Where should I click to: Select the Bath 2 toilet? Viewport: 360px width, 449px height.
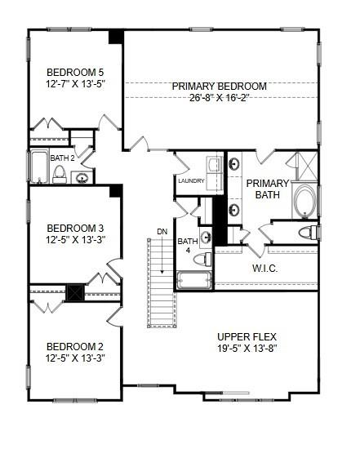pyautogui.click(x=60, y=173)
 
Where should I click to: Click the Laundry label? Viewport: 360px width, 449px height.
pyautogui.click(x=189, y=181)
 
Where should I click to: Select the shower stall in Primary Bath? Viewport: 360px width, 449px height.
pyautogui.click(x=306, y=167)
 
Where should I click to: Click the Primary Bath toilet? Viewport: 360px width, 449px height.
pyautogui.click(x=308, y=233)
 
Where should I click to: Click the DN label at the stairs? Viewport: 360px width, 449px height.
pyautogui.click(x=162, y=233)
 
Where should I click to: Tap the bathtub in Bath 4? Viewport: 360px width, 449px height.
pyautogui.click(x=193, y=280)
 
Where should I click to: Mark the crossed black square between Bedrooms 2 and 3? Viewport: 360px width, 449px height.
pyautogui.click(x=75, y=292)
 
